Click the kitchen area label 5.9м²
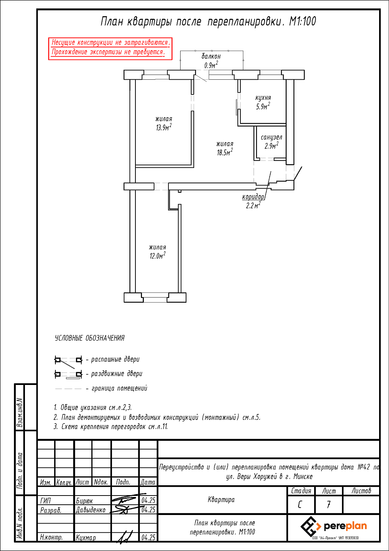(x=263, y=106)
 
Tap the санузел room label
(x=271, y=137)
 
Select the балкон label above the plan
(x=211, y=56)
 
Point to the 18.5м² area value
(x=225, y=152)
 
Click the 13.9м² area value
(x=164, y=127)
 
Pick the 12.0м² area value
(x=157, y=255)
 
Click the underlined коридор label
(x=253, y=197)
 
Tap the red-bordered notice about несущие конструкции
(x=110, y=49)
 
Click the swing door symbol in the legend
(x=68, y=361)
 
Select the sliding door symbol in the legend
(x=68, y=375)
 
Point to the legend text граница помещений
(x=119, y=388)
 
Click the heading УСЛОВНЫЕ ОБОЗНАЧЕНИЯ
(x=90, y=338)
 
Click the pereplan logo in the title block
(x=334, y=526)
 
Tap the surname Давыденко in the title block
(x=91, y=510)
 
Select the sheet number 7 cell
(x=328, y=505)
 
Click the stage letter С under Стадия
(x=299, y=505)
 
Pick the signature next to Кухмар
(x=124, y=537)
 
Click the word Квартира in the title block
(x=221, y=500)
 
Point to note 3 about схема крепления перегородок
(x=110, y=426)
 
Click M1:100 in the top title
(x=302, y=21)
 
